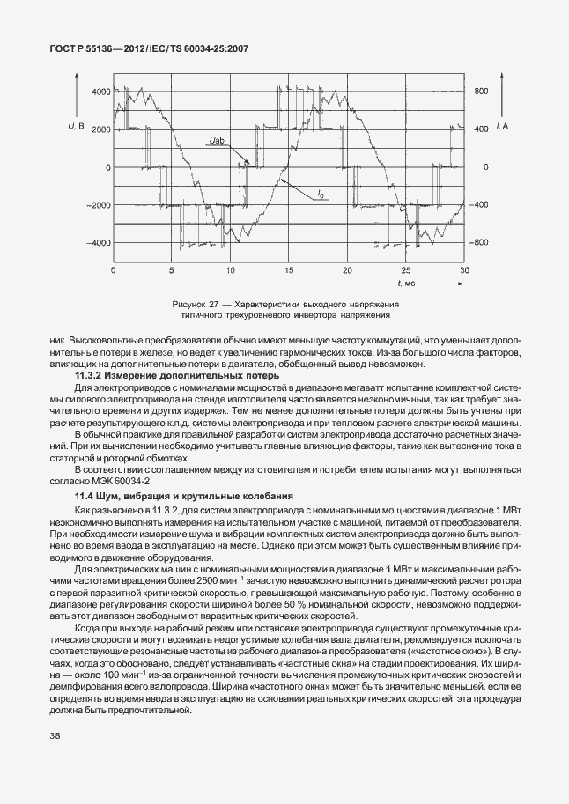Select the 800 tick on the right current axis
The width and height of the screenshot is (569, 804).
(x=480, y=92)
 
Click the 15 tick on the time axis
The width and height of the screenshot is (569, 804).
(x=289, y=269)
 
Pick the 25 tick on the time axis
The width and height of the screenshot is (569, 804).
(x=406, y=269)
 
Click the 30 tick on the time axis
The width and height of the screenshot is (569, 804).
(x=464, y=269)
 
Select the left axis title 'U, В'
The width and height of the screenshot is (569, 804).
(x=76, y=129)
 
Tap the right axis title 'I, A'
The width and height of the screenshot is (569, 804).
(x=500, y=129)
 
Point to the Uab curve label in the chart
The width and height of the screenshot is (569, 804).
(x=218, y=140)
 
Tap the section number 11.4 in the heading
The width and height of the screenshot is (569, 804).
(x=86, y=498)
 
